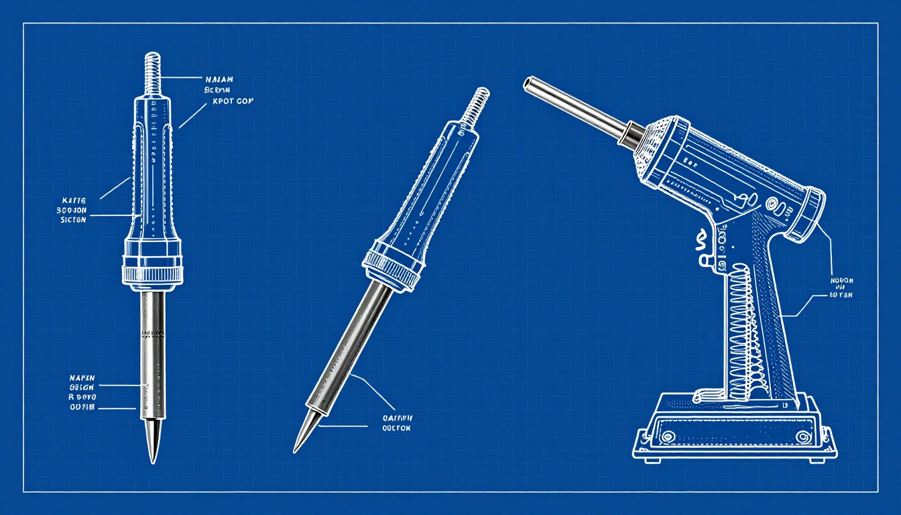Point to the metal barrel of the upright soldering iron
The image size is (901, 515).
[x=153, y=349]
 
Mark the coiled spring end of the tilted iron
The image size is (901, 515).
[x=475, y=103]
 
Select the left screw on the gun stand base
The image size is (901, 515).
[x=667, y=437]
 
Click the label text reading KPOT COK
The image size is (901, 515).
[x=233, y=102]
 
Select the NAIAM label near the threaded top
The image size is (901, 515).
[x=219, y=79]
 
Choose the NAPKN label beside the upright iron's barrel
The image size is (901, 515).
[x=84, y=378]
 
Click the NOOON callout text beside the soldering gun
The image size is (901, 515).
[x=842, y=280]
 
